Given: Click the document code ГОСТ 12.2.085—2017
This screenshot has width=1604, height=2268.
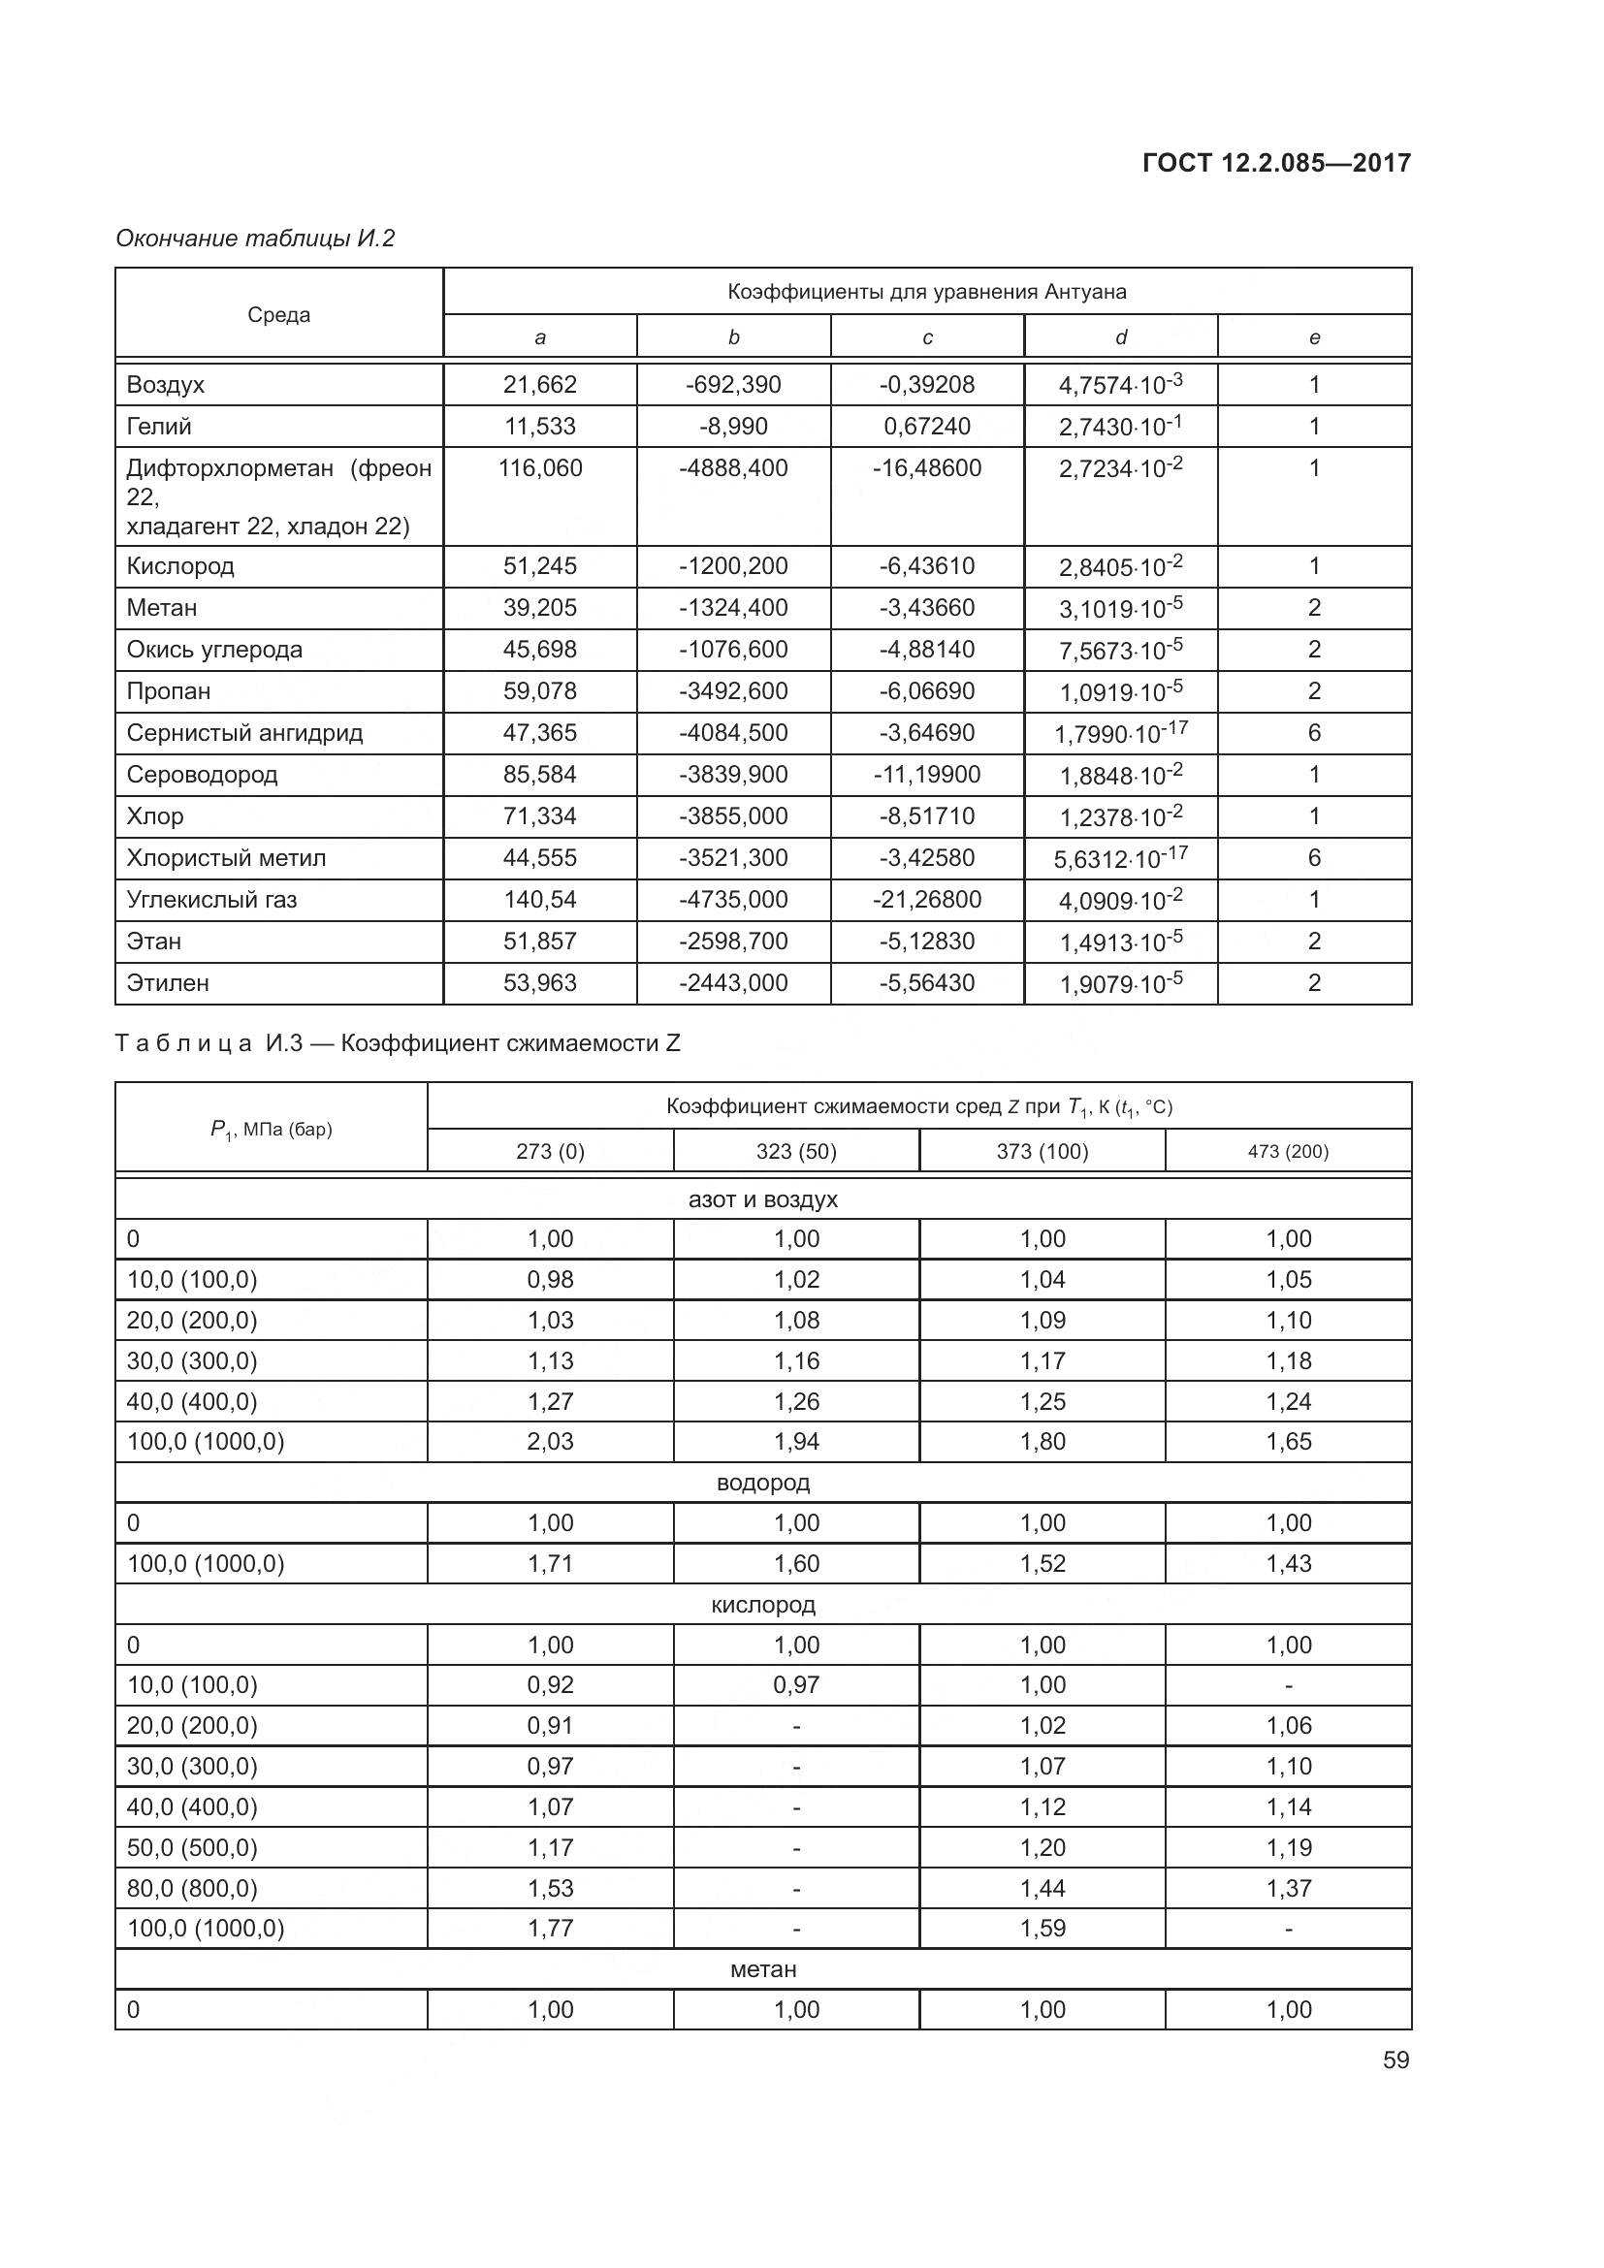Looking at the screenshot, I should pos(1276,163).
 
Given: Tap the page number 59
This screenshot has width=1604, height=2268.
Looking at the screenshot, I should pos(1395,2060).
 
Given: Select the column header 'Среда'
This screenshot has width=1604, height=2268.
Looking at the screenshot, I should pos(278,315).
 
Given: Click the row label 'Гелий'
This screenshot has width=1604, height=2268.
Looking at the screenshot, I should pos(159,427).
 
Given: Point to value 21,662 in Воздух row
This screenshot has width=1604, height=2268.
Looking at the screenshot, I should pos(539,384).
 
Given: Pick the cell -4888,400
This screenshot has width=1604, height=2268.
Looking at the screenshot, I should pos(733,468).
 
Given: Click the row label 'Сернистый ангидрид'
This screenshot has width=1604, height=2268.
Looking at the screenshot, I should pos(244,733).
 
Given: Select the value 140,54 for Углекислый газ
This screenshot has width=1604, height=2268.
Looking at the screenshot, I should pos(539,900).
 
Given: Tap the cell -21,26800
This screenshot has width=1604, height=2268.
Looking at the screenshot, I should pos(926,900).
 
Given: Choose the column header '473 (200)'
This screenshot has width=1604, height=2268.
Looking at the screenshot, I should pos(1288,1152).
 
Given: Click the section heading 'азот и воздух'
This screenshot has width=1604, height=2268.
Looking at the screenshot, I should pos(762,1199).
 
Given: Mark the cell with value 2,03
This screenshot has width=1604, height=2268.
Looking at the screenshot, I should pos(550,1441).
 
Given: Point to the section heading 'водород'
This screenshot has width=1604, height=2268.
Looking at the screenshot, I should pos(762,1483).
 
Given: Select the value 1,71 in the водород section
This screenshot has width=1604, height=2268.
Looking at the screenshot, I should pos(550,1564).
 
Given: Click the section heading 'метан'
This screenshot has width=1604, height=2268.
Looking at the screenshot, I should pos(762,1968).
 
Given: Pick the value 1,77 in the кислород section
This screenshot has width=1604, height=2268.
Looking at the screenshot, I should pos(550,1928).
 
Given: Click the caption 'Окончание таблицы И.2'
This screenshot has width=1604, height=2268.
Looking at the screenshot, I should pos(255,239).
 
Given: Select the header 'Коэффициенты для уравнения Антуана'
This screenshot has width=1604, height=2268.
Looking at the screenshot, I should pos(926,292).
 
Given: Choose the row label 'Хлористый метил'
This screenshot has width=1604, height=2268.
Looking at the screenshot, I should pos(225,858).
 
